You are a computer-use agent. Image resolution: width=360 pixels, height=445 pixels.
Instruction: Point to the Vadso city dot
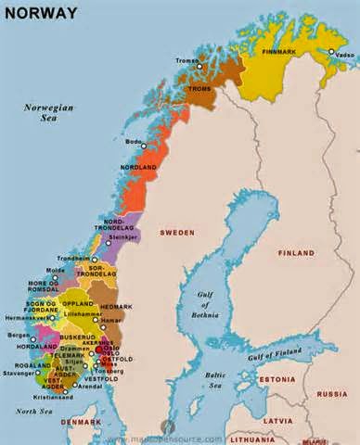(331, 52)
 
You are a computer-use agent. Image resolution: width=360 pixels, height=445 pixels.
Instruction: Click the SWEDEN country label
(176, 233)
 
